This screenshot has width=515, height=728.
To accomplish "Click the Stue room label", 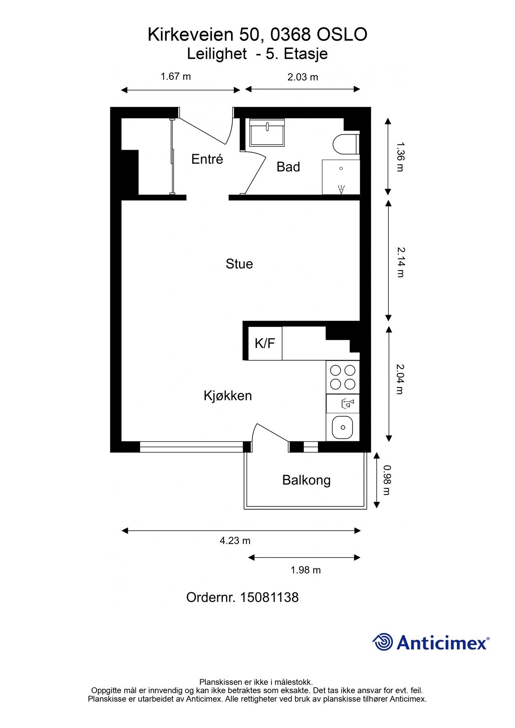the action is [x=239, y=264].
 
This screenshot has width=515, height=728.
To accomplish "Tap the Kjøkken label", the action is [x=228, y=396].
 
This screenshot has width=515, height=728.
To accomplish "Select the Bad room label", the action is [x=288, y=167].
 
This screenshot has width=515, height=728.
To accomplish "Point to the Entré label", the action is [x=207, y=159].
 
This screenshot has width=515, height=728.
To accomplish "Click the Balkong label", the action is [x=306, y=480].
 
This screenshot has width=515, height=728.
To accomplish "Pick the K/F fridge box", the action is [x=265, y=343].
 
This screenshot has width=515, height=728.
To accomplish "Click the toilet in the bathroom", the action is [x=346, y=144].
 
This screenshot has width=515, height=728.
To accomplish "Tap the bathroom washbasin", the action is [x=267, y=132].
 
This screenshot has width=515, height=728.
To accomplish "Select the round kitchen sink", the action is [x=342, y=427].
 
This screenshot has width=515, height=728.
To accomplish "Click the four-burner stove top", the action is [x=343, y=377].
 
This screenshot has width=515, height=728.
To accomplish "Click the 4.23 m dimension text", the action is [x=235, y=540].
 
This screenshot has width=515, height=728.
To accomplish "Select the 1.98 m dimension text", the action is [x=305, y=570].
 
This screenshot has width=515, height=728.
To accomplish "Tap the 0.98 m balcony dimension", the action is [x=387, y=480].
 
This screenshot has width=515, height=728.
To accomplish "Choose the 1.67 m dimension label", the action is [x=176, y=76].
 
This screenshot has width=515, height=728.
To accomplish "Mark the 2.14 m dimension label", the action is [x=401, y=262].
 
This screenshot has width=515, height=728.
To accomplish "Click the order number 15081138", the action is [x=269, y=597].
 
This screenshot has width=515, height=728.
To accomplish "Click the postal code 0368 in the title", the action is [x=290, y=35].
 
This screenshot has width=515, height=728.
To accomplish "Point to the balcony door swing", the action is [x=269, y=435].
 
